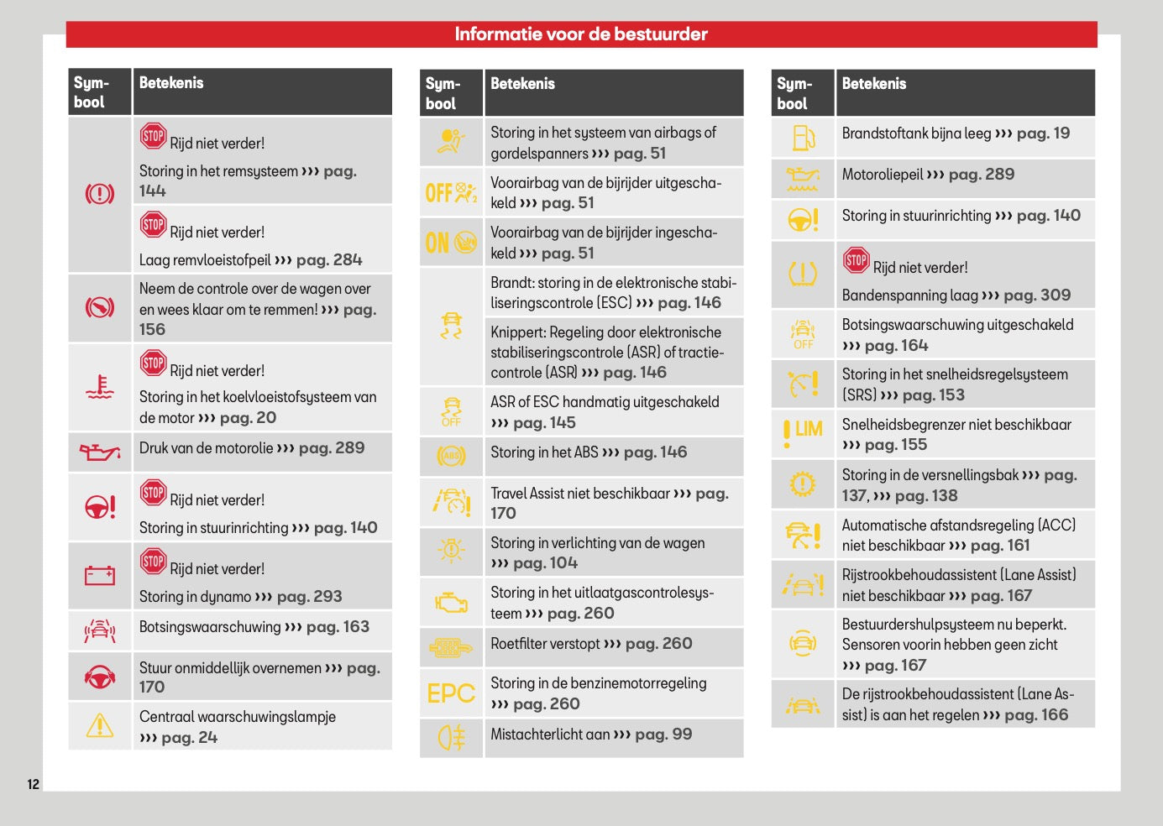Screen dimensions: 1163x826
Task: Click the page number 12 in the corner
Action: click(34, 784)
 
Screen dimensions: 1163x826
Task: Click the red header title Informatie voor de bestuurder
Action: click(581, 34)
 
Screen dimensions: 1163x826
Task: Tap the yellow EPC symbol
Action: click(451, 693)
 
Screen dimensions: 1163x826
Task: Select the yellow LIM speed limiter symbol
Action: click(803, 433)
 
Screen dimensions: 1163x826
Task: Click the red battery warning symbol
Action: click(100, 575)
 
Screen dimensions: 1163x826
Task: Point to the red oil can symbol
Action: click(100, 452)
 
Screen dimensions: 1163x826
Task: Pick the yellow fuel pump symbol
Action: click(804, 138)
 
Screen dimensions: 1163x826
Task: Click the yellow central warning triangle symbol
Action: click(100, 725)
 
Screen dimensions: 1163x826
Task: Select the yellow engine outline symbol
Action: click(451, 603)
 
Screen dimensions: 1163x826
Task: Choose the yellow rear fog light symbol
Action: click(451, 738)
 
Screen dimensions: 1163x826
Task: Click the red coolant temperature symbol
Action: click(100, 387)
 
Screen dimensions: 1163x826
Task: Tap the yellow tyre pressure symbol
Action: click(803, 274)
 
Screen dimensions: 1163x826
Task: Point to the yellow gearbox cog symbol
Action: click(803, 484)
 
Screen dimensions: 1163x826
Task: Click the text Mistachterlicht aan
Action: click(550, 735)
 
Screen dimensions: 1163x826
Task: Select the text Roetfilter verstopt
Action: click(545, 644)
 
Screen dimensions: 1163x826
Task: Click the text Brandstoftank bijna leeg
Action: click(916, 133)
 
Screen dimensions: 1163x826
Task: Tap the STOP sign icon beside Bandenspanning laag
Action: click(857, 260)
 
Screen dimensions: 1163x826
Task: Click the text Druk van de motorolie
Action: click(206, 447)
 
